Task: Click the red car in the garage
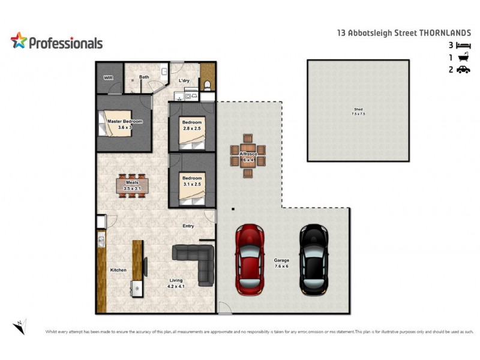tap(250, 259)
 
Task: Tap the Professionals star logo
tap(19, 41)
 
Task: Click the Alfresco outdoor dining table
tap(248, 157)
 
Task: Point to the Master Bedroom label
tap(124, 124)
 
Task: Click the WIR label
tap(109, 77)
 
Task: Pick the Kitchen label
tap(118, 270)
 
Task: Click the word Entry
tap(188, 226)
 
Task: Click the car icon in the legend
tap(463, 70)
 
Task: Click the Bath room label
tap(144, 77)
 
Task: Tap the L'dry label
tap(184, 80)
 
